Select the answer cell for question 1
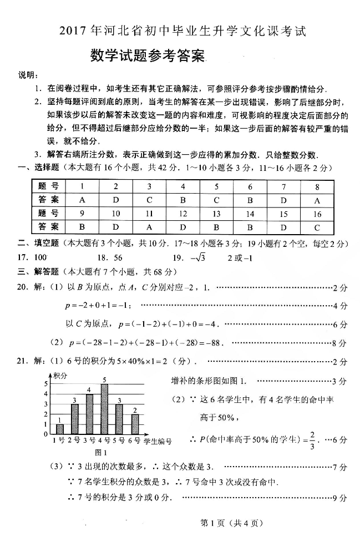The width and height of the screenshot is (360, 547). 82,199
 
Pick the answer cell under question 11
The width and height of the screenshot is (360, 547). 149,226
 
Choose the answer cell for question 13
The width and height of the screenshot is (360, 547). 216,226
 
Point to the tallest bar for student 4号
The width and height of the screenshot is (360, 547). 104,409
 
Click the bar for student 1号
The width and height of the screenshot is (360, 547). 60,429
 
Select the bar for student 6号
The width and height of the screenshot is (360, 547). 134,424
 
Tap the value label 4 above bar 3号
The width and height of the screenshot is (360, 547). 89,389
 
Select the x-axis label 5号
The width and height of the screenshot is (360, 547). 119,441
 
